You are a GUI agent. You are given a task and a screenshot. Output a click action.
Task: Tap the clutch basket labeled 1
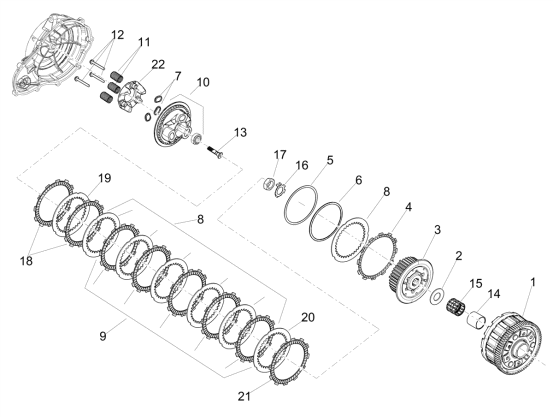(510, 342)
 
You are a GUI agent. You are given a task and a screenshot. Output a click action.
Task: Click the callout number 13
(240, 133)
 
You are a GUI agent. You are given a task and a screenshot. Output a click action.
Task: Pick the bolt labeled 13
(215, 152)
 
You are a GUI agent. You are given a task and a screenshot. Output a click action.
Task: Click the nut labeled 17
(270, 183)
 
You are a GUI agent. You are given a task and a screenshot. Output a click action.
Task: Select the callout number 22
(158, 65)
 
